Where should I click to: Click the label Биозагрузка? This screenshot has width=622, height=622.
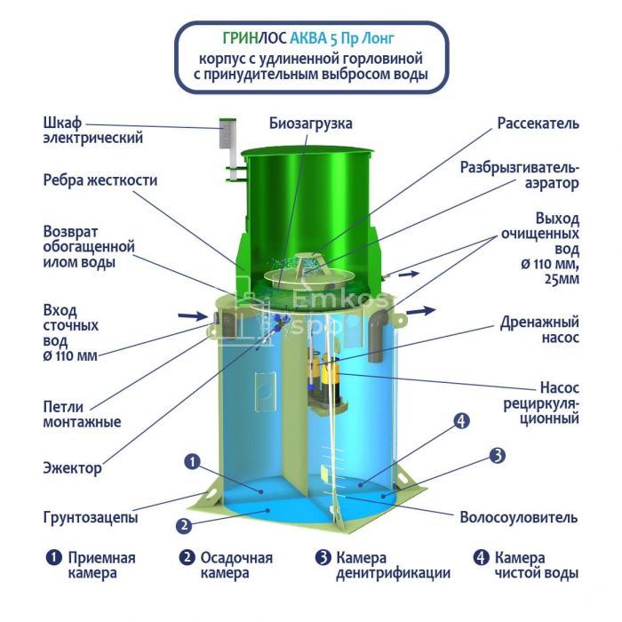coord(311,124)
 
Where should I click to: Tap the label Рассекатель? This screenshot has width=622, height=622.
coord(538,124)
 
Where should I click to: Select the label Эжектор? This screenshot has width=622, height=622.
coord(72,468)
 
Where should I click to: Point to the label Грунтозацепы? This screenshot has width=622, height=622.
coord(91,517)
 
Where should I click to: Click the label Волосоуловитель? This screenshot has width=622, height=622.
coord(518,517)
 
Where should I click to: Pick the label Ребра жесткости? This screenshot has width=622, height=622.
coord(100,180)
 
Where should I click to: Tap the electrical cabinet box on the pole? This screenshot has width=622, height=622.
coord(227,133)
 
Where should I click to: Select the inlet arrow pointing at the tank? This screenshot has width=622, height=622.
coord(193,316)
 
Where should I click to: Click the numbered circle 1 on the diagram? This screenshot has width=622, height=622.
coord(193,462)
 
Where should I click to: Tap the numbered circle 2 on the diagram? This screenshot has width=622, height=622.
coord(184,526)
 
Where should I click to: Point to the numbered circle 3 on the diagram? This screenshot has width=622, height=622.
coord(497,456)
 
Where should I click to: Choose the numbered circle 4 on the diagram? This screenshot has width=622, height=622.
coord(461,421)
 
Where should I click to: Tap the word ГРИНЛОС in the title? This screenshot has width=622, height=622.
coord(254,38)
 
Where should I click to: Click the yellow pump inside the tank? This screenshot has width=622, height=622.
coord(331,372)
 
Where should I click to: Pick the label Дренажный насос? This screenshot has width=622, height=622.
coord(539,330)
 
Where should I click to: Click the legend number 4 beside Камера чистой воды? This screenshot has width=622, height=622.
coord(482,558)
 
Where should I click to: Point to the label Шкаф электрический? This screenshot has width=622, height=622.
coord(92,131)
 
